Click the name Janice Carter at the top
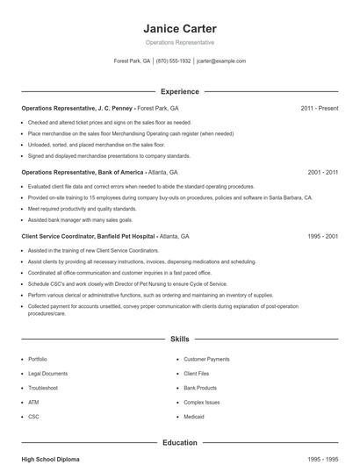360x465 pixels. (x=179, y=27)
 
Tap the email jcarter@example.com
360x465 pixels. (x=221, y=61)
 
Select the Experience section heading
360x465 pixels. (x=179, y=91)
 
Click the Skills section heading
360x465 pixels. (x=179, y=338)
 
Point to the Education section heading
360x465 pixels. (x=179, y=443)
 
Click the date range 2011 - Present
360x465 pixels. (x=319, y=108)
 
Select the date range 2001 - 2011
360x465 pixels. (x=322, y=173)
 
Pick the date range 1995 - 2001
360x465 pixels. (x=322, y=237)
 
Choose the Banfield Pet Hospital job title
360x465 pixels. (x=89, y=237)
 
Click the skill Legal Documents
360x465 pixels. (x=47, y=373)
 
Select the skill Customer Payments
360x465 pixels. (x=206, y=359)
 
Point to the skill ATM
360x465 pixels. (x=33, y=402)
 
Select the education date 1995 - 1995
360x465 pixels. (x=322, y=459)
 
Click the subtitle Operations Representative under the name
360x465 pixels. (x=179, y=42)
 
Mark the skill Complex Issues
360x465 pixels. (x=203, y=402)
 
